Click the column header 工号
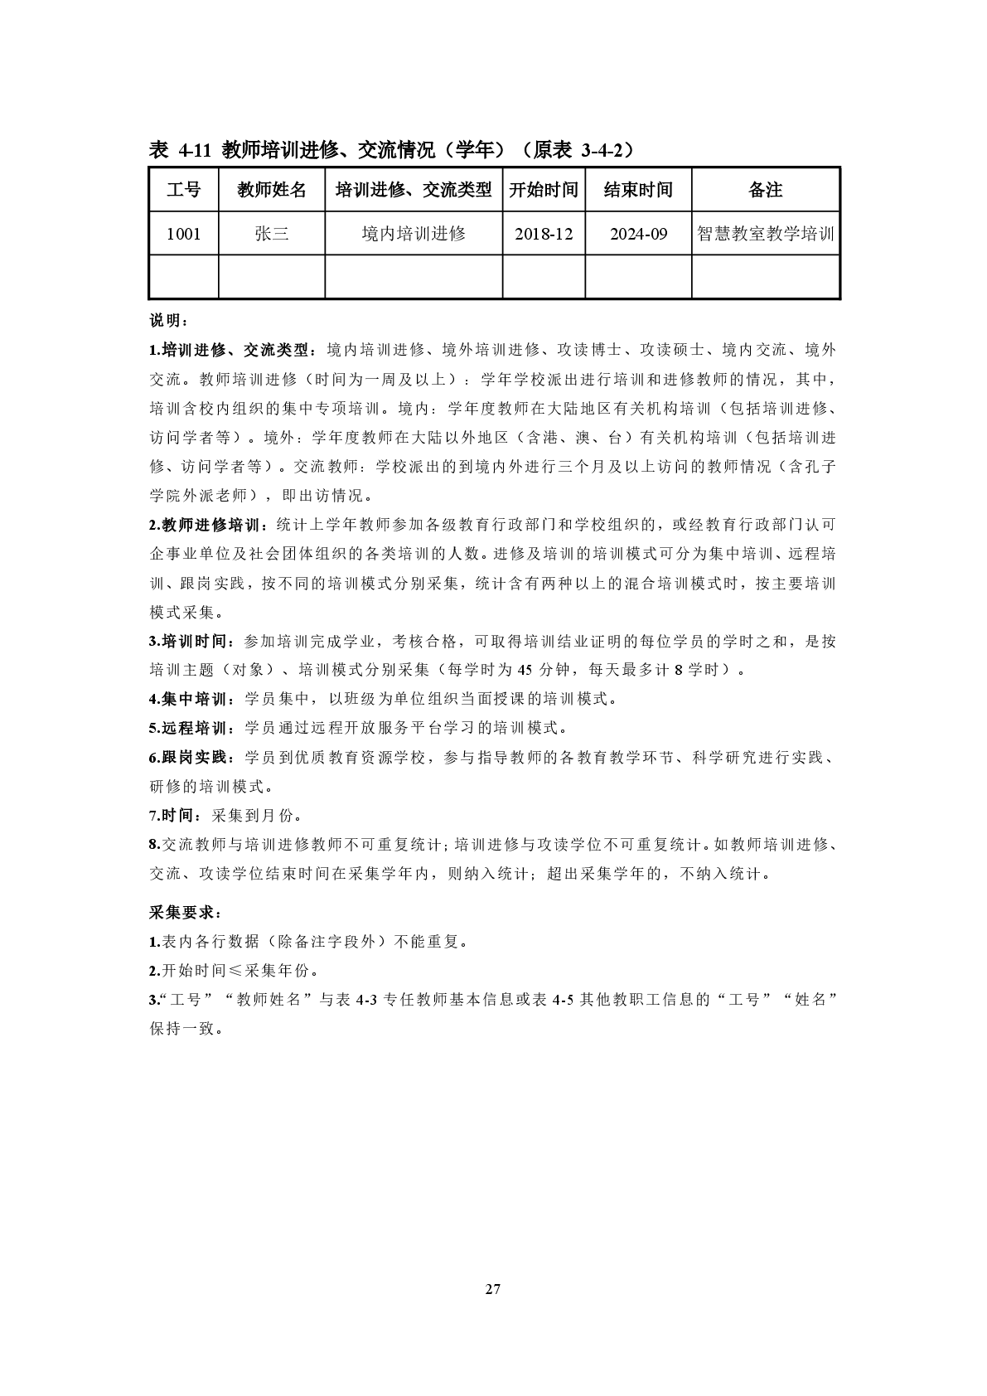tap(183, 190)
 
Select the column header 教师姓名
tap(272, 190)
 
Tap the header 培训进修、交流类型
tap(414, 190)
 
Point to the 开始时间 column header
tap(544, 190)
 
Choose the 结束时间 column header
tap(638, 190)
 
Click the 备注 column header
tap(766, 190)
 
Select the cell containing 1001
tap(183, 234)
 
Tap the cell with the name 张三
tap(272, 234)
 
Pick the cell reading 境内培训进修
tap(414, 234)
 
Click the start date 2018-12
tap(544, 234)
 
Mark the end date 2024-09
tap(638, 234)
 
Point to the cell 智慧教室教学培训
tap(766, 234)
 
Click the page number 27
tap(493, 1289)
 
